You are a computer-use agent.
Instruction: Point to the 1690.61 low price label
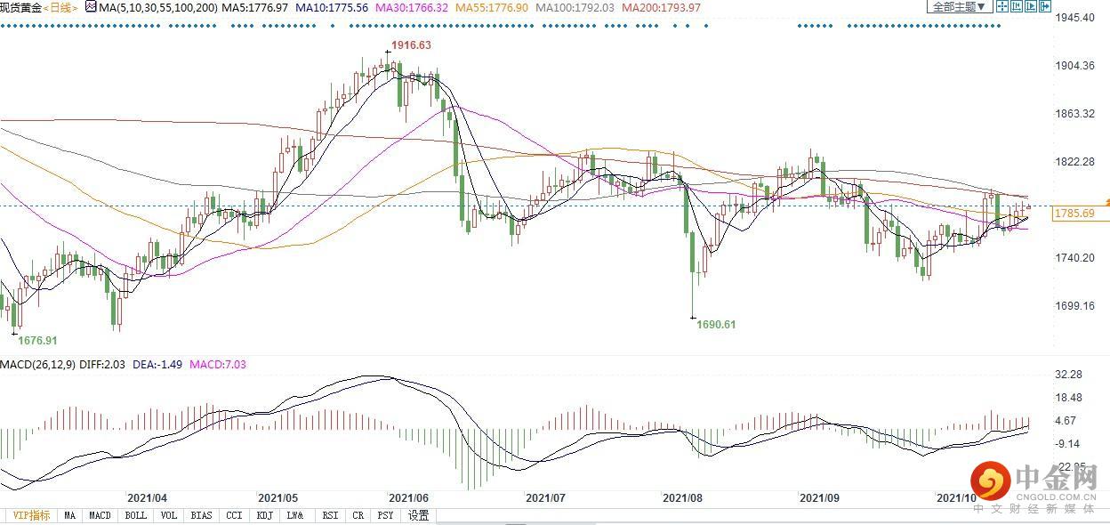click(x=715, y=325)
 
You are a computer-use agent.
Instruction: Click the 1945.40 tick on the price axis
click(x=1075, y=18)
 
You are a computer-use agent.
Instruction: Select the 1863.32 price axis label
click(x=1075, y=114)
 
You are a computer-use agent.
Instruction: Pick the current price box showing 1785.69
click(x=1074, y=214)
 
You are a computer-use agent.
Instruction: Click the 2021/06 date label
click(x=410, y=499)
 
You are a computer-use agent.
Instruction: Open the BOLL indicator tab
click(x=135, y=515)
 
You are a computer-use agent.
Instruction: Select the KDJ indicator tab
click(x=264, y=515)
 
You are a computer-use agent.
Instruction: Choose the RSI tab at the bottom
click(x=330, y=515)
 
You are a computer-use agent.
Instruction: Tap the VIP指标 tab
click(x=30, y=515)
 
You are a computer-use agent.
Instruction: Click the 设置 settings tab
click(x=418, y=515)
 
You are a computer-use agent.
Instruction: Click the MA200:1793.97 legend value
click(x=661, y=7)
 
